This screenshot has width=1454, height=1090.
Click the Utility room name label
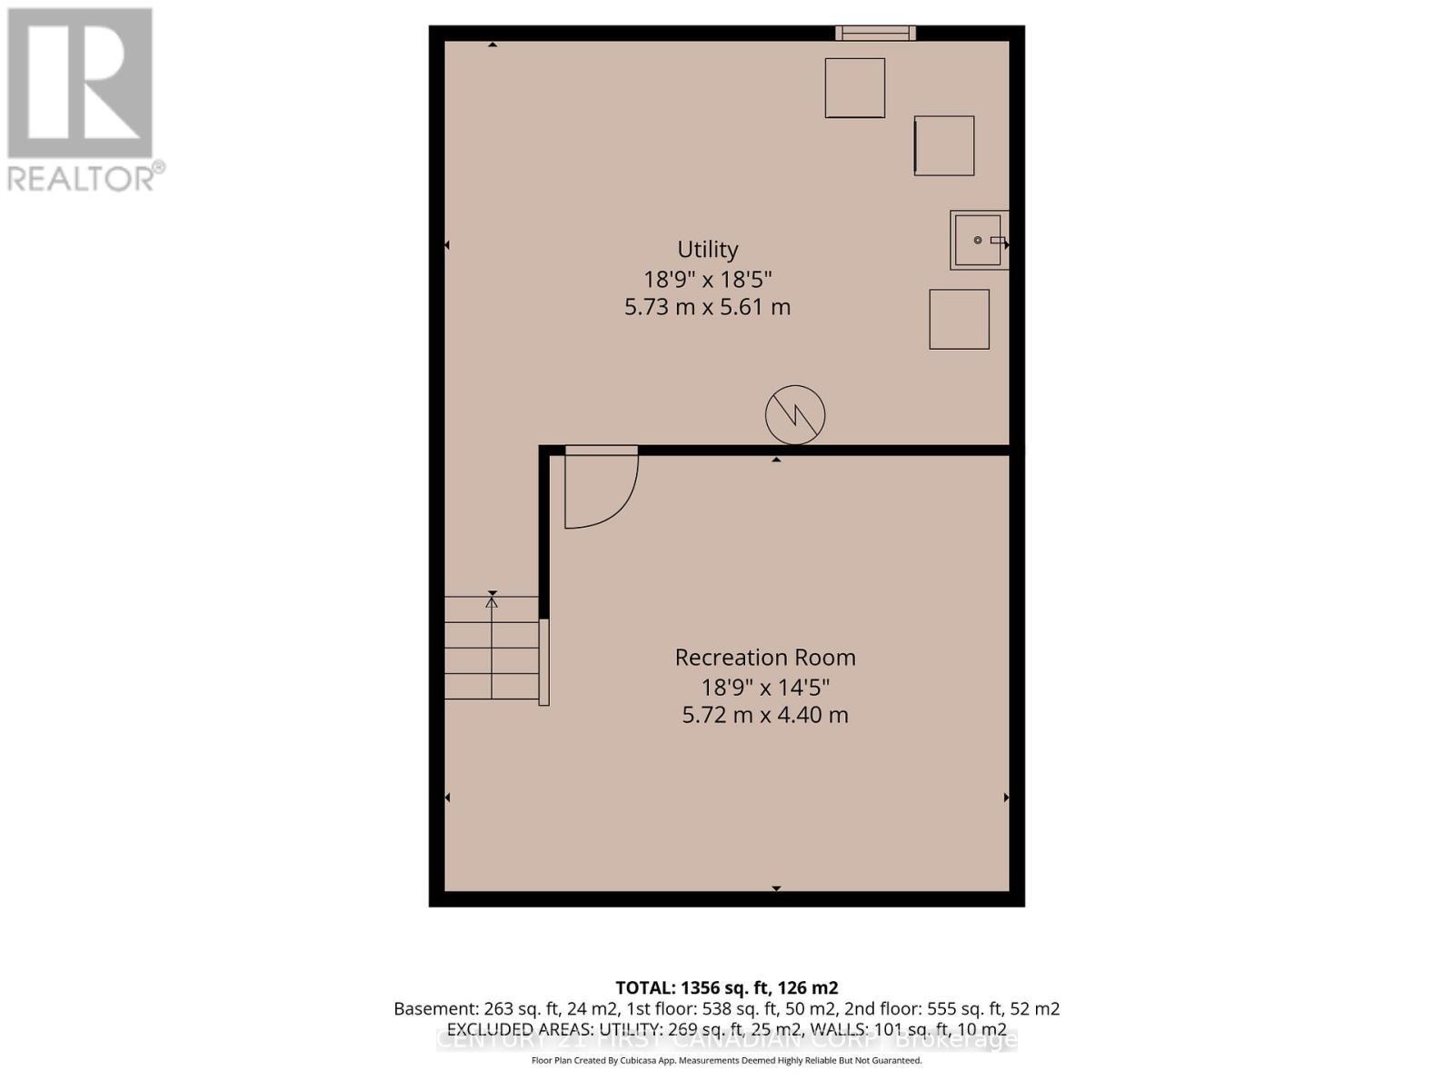coord(707,249)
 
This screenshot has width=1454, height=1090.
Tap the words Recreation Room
coord(765,657)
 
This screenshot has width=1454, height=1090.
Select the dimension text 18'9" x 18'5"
coord(707,278)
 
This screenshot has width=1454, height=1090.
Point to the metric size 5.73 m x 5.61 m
coord(707,307)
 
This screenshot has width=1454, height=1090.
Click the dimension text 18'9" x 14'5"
coord(765,686)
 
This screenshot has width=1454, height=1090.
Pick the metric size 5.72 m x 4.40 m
coord(765,715)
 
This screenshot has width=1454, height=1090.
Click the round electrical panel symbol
coord(795,414)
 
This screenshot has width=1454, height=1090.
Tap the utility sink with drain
coord(978,240)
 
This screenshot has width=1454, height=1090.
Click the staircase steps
coord(491,647)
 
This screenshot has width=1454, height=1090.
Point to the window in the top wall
coord(875,34)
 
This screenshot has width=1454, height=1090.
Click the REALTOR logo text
coord(85,176)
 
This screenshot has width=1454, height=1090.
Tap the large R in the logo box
coord(80,84)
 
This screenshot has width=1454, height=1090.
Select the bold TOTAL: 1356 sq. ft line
coord(726,987)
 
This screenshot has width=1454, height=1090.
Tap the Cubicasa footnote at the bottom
coord(726,1060)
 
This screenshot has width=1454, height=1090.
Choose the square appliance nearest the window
coord(854,88)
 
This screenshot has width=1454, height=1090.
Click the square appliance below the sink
coord(959,319)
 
